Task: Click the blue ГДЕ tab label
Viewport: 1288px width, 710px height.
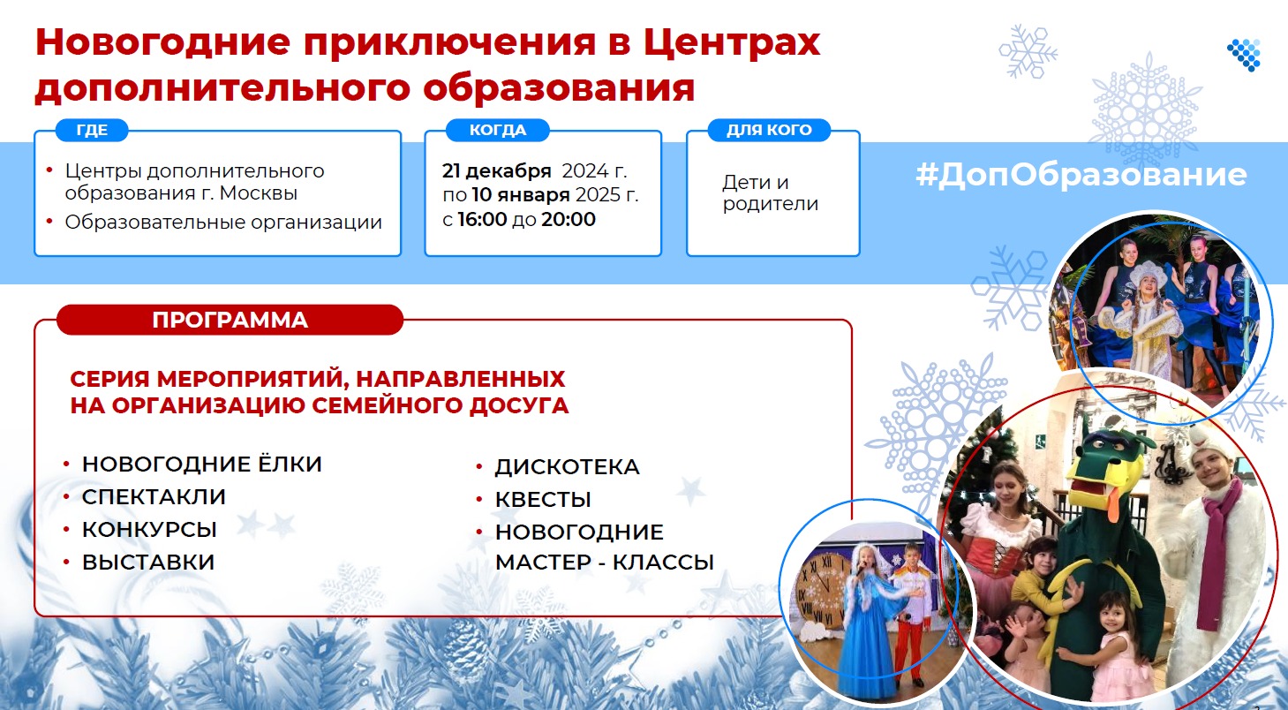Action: [x=92, y=130]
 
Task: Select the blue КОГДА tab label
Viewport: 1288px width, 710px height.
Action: [x=497, y=130]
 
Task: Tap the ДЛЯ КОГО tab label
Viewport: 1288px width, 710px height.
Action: [x=769, y=130]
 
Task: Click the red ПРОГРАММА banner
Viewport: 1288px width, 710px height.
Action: [x=230, y=320]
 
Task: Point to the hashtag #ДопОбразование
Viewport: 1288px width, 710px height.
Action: [x=1081, y=174]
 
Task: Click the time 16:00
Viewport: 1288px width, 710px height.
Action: [x=482, y=219]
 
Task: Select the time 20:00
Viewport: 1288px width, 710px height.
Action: [x=569, y=219]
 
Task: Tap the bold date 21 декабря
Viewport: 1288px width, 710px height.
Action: [x=497, y=171]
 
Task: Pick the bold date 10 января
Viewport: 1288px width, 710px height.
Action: [x=520, y=195]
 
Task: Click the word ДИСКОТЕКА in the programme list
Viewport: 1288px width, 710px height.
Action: [x=567, y=466]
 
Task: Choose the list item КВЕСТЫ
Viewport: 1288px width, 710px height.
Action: [x=543, y=500]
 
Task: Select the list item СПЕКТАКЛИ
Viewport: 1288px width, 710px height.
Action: [x=154, y=496]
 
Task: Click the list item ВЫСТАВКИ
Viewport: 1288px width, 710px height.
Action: [x=148, y=563]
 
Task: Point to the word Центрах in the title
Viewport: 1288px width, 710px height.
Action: [x=732, y=42]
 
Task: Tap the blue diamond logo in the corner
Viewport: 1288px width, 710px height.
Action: [x=1244, y=55]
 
